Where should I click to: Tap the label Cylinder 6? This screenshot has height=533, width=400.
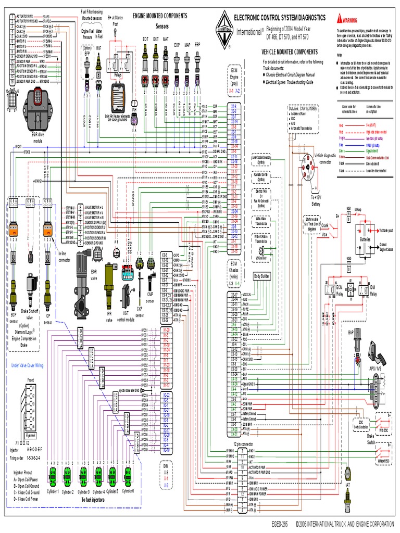(x=128, y=491)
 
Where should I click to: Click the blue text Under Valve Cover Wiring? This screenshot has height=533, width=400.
(x=35, y=366)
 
